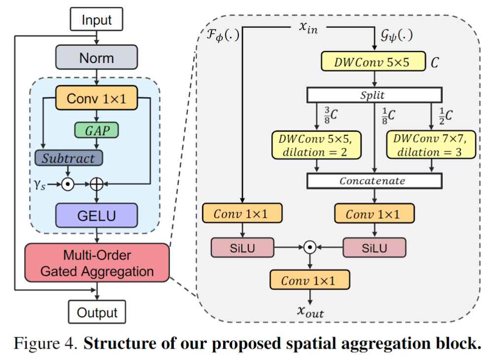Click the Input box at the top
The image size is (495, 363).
(x=97, y=21)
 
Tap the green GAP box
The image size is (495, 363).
(x=97, y=130)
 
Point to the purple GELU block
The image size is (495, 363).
(x=97, y=215)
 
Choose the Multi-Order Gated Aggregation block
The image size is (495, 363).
(x=97, y=263)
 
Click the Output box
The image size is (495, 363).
(x=97, y=312)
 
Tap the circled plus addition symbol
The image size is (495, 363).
(x=97, y=184)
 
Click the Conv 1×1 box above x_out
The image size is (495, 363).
(x=309, y=281)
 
